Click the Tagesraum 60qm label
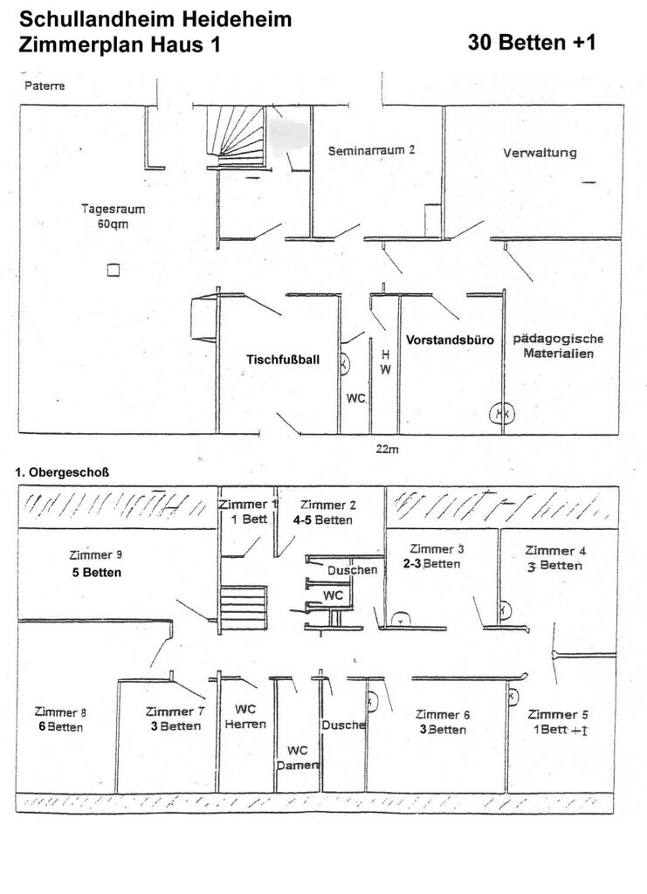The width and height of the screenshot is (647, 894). pyautogui.click(x=113, y=216)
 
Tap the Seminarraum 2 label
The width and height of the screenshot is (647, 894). pyautogui.click(x=371, y=150)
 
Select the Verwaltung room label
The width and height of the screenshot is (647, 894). pyautogui.click(x=540, y=153)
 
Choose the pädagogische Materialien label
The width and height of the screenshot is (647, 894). pyautogui.click(x=559, y=346)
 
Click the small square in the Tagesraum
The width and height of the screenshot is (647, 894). pyautogui.click(x=112, y=271)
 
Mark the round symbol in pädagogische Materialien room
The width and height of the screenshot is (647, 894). pyautogui.click(x=500, y=412)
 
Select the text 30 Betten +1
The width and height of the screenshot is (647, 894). pyautogui.click(x=532, y=43)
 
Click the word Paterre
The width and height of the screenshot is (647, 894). pyautogui.click(x=45, y=86)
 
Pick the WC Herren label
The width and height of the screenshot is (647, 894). pyautogui.click(x=244, y=717)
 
